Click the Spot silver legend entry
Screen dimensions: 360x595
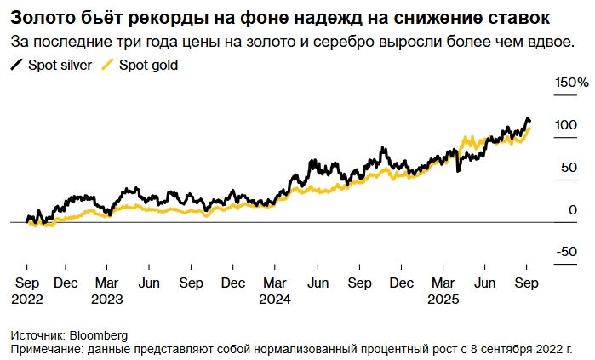[x=52, y=65]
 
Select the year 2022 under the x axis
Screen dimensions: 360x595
[x=26, y=299]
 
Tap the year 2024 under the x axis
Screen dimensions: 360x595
[x=276, y=299]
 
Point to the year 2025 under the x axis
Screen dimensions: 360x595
[x=444, y=299]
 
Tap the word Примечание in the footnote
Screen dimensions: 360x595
[x=46, y=349]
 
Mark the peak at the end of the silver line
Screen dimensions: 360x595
[x=527, y=118]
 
